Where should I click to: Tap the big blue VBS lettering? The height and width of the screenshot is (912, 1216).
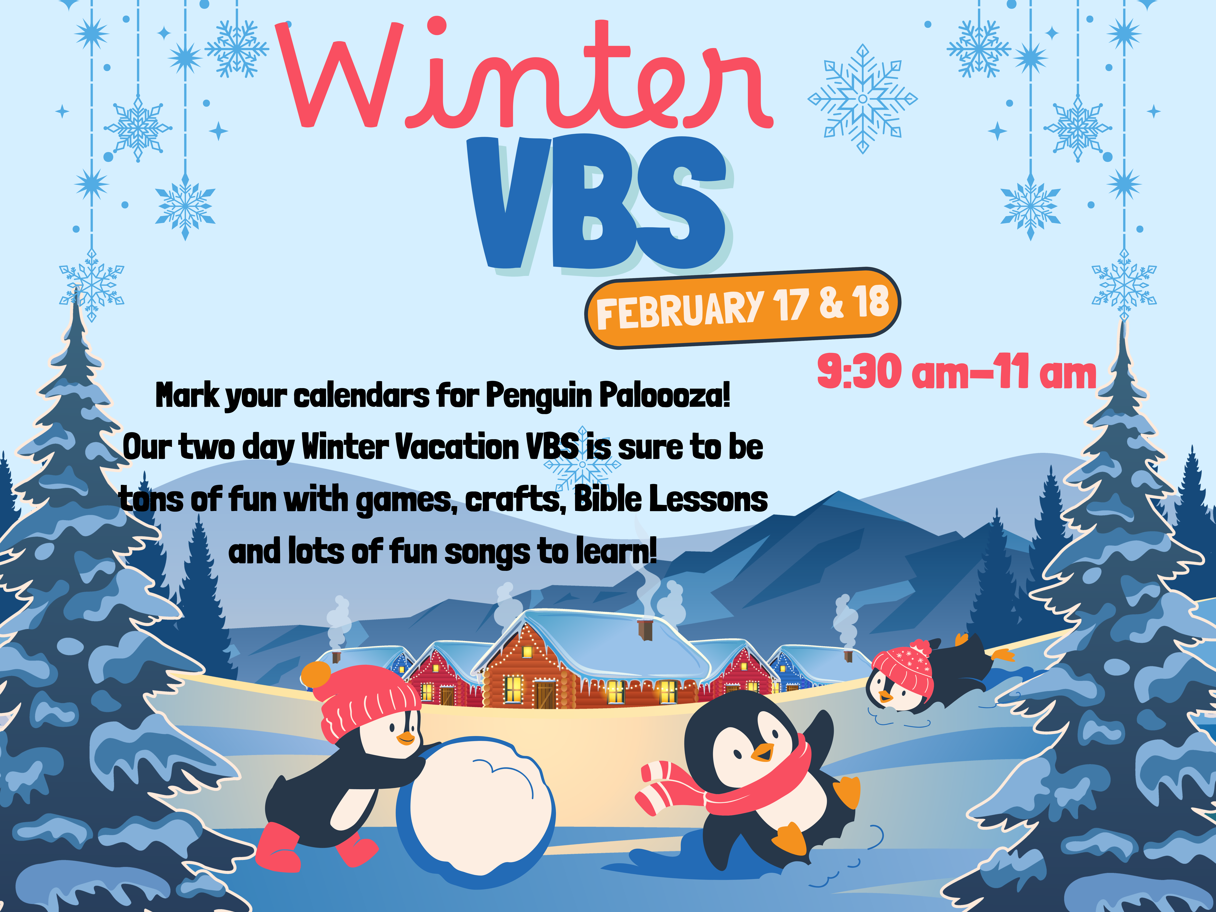point(599,203)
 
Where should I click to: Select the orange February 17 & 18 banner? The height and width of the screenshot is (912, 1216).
point(742,308)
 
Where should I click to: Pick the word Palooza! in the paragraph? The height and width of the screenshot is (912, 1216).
point(665,395)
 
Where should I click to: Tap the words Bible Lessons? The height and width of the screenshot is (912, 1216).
point(671,499)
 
